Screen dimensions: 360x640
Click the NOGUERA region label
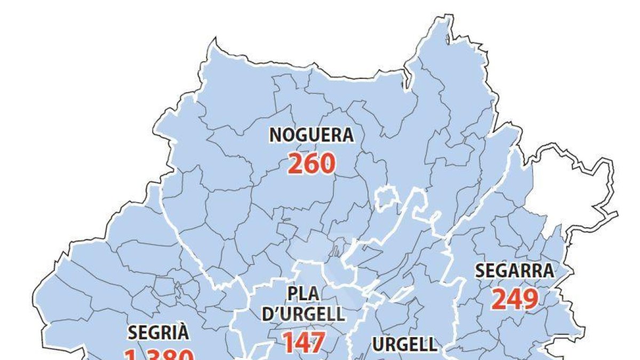point(311,135)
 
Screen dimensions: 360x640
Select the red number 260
point(311,164)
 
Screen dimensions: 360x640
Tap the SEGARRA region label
point(514,271)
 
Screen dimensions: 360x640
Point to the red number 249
point(515,299)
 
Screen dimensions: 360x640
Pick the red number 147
point(303,342)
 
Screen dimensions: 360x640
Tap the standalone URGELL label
point(404,345)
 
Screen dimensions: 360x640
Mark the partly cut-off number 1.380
point(158,355)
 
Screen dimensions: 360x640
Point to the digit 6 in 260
point(311,164)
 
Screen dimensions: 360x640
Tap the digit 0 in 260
point(327,164)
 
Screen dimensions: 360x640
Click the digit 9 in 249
point(530,299)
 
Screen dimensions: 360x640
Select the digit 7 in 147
point(318,342)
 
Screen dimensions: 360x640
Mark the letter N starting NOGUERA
point(275,135)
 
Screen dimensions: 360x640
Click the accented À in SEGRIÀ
point(183,332)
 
